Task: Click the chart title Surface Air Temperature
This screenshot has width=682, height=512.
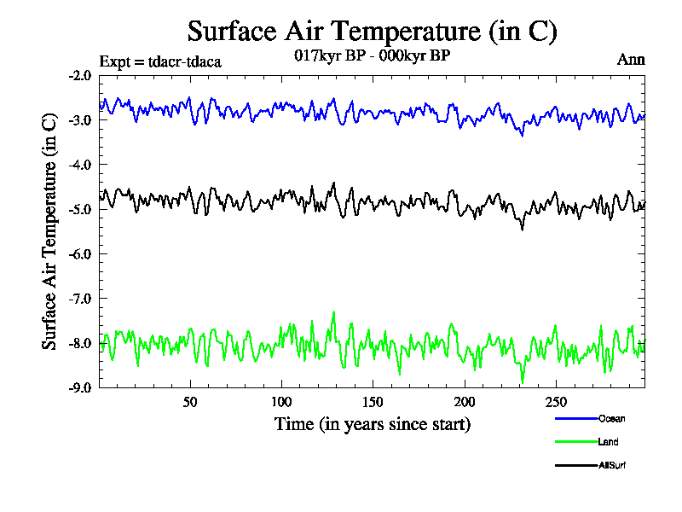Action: tap(372, 32)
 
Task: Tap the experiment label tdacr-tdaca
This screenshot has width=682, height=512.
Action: tap(160, 61)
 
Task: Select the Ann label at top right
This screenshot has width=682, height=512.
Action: tap(631, 60)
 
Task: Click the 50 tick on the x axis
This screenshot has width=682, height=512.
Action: tap(190, 402)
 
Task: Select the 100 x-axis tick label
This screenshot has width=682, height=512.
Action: tap(281, 402)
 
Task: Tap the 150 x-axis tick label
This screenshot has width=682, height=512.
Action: tap(373, 402)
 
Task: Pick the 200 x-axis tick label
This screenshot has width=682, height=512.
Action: tap(464, 402)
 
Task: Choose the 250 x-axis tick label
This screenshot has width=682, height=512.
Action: tap(555, 402)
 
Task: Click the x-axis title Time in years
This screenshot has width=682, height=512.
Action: tap(372, 424)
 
